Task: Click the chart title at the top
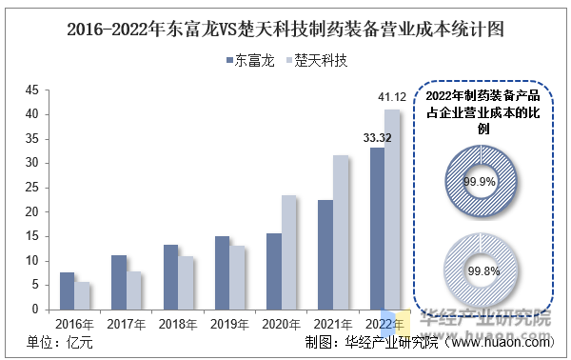tap(285, 30)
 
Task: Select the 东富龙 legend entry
tap(250, 61)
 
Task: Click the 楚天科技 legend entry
tap(317, 61)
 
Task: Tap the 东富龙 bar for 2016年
tap(67, 291)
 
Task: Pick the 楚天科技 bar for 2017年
tap(133, 290)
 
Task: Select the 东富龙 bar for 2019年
tap(222, 273)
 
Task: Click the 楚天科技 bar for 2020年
tap(288, 253)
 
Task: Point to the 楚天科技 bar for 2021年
tap(341, 232)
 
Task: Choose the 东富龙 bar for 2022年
tap(377, 229)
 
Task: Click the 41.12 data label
tap(392, 97)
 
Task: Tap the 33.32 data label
tap(377, 138)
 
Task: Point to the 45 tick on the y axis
tap(32, 90)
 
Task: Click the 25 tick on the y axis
tap(32, 188)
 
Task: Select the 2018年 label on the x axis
tap(178, 324)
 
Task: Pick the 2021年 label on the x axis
tap(333, 324)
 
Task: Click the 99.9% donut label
tap(480, 182)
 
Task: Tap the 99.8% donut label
tap(483, 271)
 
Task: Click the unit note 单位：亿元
tap(60, 343)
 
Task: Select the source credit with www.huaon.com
tap(430, 343)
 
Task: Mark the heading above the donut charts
tap(483, 112)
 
